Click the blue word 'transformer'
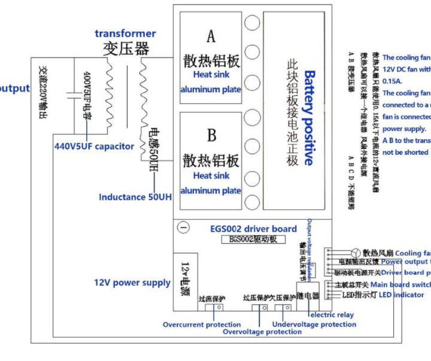(x=125, y=33)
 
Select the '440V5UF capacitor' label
(x=94, y=146)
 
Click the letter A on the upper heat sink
(x=211, y=37)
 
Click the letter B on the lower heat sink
(x=211, y=135)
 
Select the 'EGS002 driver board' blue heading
(x=253, y=228)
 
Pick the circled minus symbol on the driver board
(x=184, y=228)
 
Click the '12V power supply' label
(x=132, y=282)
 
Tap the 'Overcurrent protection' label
(x=202, y=325)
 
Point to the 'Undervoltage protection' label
(x=314, y=324)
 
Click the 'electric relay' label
(x=331, y=314)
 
